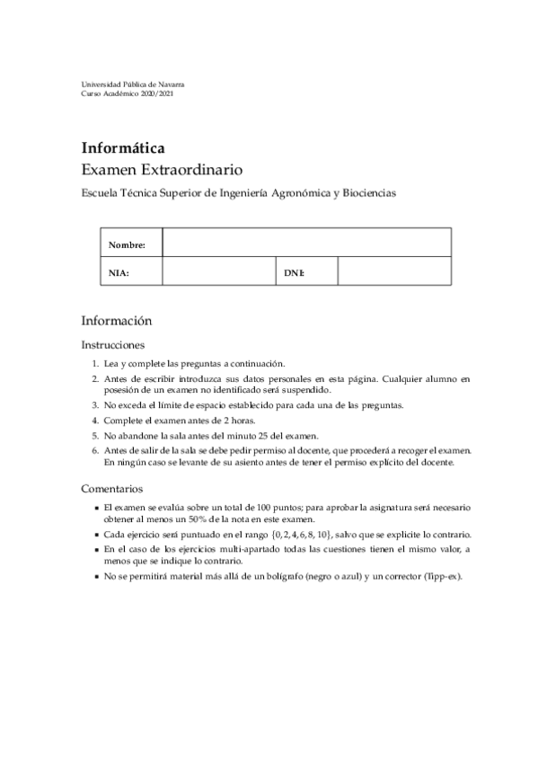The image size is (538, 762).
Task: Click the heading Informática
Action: click(123, 147)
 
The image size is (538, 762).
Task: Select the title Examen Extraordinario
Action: click(162, 169)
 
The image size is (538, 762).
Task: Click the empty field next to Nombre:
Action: click(305, 244)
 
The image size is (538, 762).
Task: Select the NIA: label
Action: click(119, 271)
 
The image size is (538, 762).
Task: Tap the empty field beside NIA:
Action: click(217, 271)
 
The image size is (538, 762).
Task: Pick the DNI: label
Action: click(294, 271)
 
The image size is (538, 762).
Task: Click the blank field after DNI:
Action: click(393, 271)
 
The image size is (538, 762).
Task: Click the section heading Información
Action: click(116, 321)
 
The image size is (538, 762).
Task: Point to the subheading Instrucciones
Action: click(113, 344)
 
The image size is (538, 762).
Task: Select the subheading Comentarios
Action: click(112, 489)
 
